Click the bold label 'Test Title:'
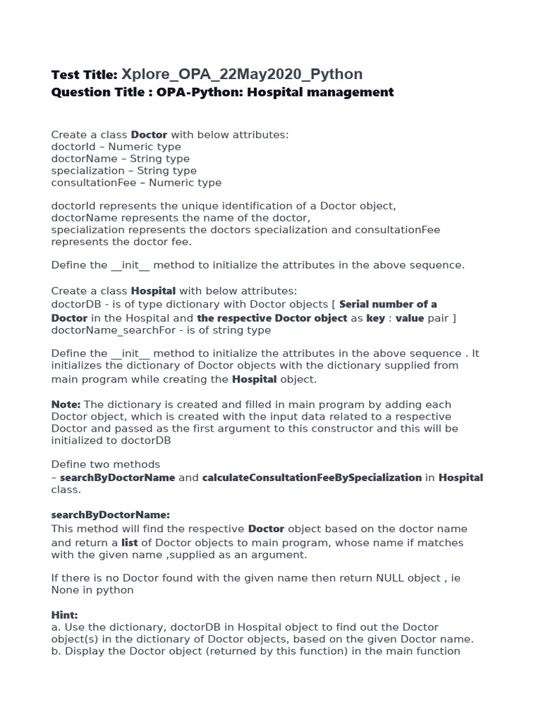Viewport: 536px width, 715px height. [x=84, y=75]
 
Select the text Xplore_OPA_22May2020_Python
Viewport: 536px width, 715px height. [x=242, y=75]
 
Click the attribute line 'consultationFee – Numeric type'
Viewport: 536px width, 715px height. [x=136, y=183]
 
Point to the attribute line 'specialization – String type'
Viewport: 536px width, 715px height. [x=124, y=170]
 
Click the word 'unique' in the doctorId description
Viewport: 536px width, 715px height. [x=213, y=206]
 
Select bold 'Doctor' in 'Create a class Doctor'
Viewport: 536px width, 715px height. [x=149, y=135]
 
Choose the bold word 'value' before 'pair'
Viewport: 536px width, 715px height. [x=410, y=318]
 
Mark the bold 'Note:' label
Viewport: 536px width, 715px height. [x=66, y=405]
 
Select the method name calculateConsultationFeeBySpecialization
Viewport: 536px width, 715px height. [x=311, y=478]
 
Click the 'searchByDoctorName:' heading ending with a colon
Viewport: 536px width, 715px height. [x=110, y=515]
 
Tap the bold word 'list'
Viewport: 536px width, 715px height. [x=130, y=543]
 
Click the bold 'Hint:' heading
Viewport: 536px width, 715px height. [x=65, y=615]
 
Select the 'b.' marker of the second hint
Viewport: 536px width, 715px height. [x=56, y=651]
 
